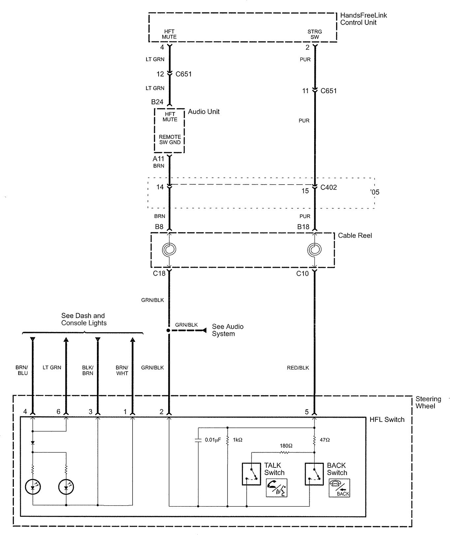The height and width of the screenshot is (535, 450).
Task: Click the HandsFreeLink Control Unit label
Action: click(x=363, y=19)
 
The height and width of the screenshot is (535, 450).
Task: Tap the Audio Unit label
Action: click(x=203, y=112)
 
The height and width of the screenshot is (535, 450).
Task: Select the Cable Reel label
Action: click(x=355, y=236)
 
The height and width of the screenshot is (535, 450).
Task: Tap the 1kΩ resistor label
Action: click(x=237, y=440)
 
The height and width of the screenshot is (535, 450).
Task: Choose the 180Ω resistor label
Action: click(x=286, y=446)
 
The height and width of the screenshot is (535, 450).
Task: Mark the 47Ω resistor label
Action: click(x=325, y=440)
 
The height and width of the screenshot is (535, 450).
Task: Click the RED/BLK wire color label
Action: click(x=298, y=368)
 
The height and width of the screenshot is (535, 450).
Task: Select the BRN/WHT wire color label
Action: click(x=122, y=370)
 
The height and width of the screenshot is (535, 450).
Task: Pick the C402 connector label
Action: click(x=329, y=188)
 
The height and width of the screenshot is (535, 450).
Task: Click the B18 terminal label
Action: click(x=303, y=227)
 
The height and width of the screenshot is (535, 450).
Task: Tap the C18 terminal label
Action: click(x=159, y=273)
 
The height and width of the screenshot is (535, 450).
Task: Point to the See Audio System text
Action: click(x=227, y=330)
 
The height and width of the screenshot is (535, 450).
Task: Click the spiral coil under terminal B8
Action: click(x=169, y=249)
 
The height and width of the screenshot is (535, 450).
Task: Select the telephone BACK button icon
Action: click(x=339, y=488)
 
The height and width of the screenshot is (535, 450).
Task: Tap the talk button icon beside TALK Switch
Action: click(x=276, y=488)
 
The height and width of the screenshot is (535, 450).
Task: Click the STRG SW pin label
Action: click(x=315, y=34)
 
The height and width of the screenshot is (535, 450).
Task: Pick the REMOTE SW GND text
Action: click(x=170, y=139)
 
